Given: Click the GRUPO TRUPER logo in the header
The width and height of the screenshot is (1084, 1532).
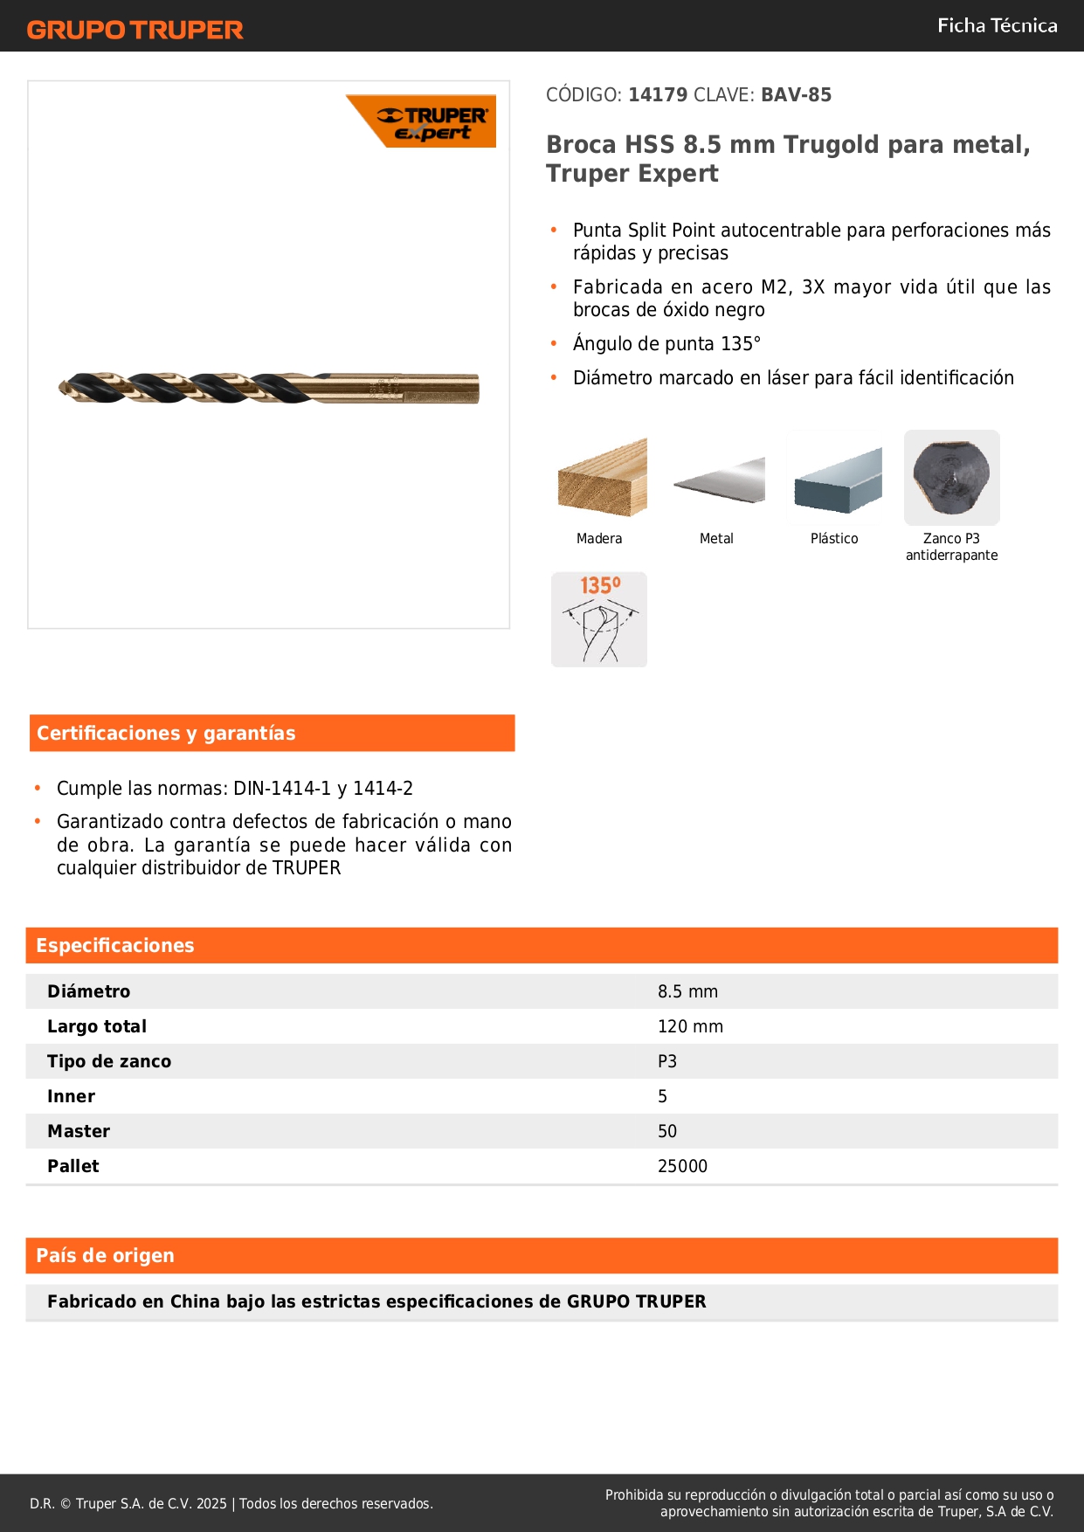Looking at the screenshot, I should point(135,30).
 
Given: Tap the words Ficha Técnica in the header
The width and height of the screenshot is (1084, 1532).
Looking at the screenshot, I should point(997,26).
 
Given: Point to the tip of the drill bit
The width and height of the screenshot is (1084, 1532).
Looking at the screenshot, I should point(62,387).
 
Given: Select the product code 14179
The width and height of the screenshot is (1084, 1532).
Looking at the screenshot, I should point(658,95).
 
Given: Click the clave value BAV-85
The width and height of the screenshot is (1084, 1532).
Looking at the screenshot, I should point(796,95).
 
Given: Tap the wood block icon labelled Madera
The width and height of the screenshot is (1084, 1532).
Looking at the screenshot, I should point(601,478).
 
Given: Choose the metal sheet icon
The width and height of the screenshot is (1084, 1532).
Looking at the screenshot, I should point(718,480).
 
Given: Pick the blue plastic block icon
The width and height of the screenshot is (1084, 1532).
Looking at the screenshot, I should point(836,480).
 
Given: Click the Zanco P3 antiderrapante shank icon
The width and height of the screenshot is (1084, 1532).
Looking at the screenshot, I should point(951,477).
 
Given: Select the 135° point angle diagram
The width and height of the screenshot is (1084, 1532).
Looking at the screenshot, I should point(599,619).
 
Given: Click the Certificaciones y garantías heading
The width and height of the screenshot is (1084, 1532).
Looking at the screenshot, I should point(166,734).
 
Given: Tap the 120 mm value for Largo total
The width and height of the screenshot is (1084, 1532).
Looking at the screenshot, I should point(690,1027).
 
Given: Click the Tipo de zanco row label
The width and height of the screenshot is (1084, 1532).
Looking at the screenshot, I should point(109,1062).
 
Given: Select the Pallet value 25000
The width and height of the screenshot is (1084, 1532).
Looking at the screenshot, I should point(682,1167).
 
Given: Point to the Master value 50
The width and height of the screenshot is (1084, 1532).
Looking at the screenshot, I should point(667,1132).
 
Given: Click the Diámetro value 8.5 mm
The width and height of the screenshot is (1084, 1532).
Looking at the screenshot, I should point(687,992).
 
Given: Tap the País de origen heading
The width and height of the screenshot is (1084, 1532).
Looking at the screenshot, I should point(106,1256).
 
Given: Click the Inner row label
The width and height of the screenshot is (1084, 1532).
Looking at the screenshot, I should point(72,1097).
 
